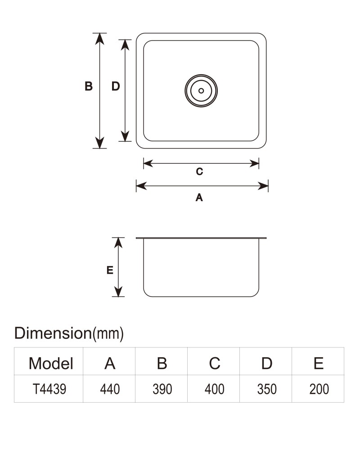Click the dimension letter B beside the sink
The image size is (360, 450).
point(88,86)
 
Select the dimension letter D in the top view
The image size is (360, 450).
point(115,86)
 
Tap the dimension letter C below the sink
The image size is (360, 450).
point(199,171)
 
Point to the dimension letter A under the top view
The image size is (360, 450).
point(199,198)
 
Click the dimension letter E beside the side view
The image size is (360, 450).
point(110,270)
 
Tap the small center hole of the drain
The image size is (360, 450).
point(201,91)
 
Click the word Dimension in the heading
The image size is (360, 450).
point(53,333)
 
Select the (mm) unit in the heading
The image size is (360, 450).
point(108,334)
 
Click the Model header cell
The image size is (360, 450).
point(51,363)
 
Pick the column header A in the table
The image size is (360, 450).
point(110,363)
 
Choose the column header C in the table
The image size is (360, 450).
point(215,363)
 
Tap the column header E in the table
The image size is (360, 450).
point(319,363)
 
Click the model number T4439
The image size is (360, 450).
point(49,389)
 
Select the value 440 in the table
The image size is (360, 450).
point(110,389)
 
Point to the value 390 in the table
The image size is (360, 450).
point(162,389)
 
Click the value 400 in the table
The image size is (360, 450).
point(215,389)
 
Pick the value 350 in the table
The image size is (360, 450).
point(267,389)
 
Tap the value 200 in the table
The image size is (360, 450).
point(319,389)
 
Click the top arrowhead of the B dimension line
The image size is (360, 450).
point(99,38)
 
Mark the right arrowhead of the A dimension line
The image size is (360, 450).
point(263,186)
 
